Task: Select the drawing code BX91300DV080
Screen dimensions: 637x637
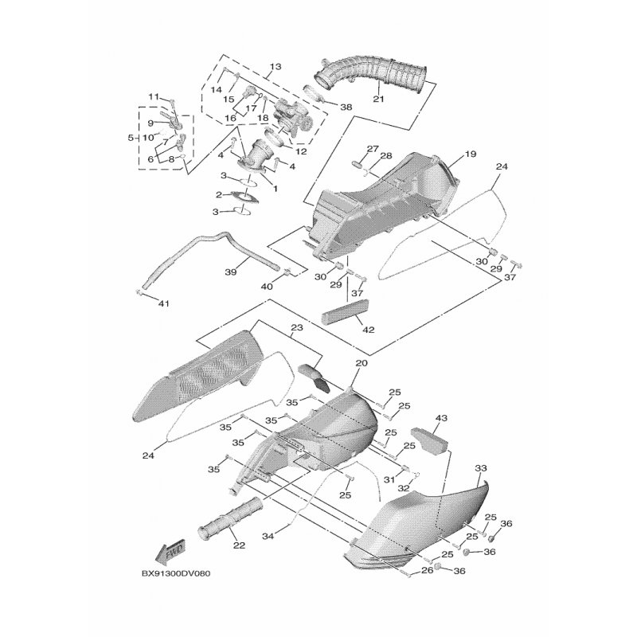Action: [x=176, y=573]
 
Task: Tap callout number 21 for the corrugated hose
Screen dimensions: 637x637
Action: [x=379, y=99]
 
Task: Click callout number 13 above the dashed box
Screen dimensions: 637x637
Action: [x=276, y=66]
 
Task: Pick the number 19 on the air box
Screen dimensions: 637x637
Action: [x=471, y=154]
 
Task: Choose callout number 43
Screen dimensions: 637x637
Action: [x=441, y=418]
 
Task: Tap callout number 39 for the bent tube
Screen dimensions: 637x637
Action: [x=231, y=272]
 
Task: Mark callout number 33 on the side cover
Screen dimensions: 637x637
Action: [x=481, y=468]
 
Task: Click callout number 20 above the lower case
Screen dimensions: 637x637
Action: [x=361, y=363]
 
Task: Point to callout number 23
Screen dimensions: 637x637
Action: [x=297, y=327]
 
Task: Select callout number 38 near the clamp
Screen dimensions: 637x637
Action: [x=346, y=107]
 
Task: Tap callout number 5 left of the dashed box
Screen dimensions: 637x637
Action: [x=131, y=138]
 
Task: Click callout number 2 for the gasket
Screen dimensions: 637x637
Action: [x=219, y=195]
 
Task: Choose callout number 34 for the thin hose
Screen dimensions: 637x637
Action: [x=268, y=536]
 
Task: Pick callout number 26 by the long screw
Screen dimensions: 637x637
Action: [x=427, y=570]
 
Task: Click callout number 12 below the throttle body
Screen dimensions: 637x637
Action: [x=301, y=152]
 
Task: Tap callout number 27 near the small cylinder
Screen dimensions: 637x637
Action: [x=373, y=149]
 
